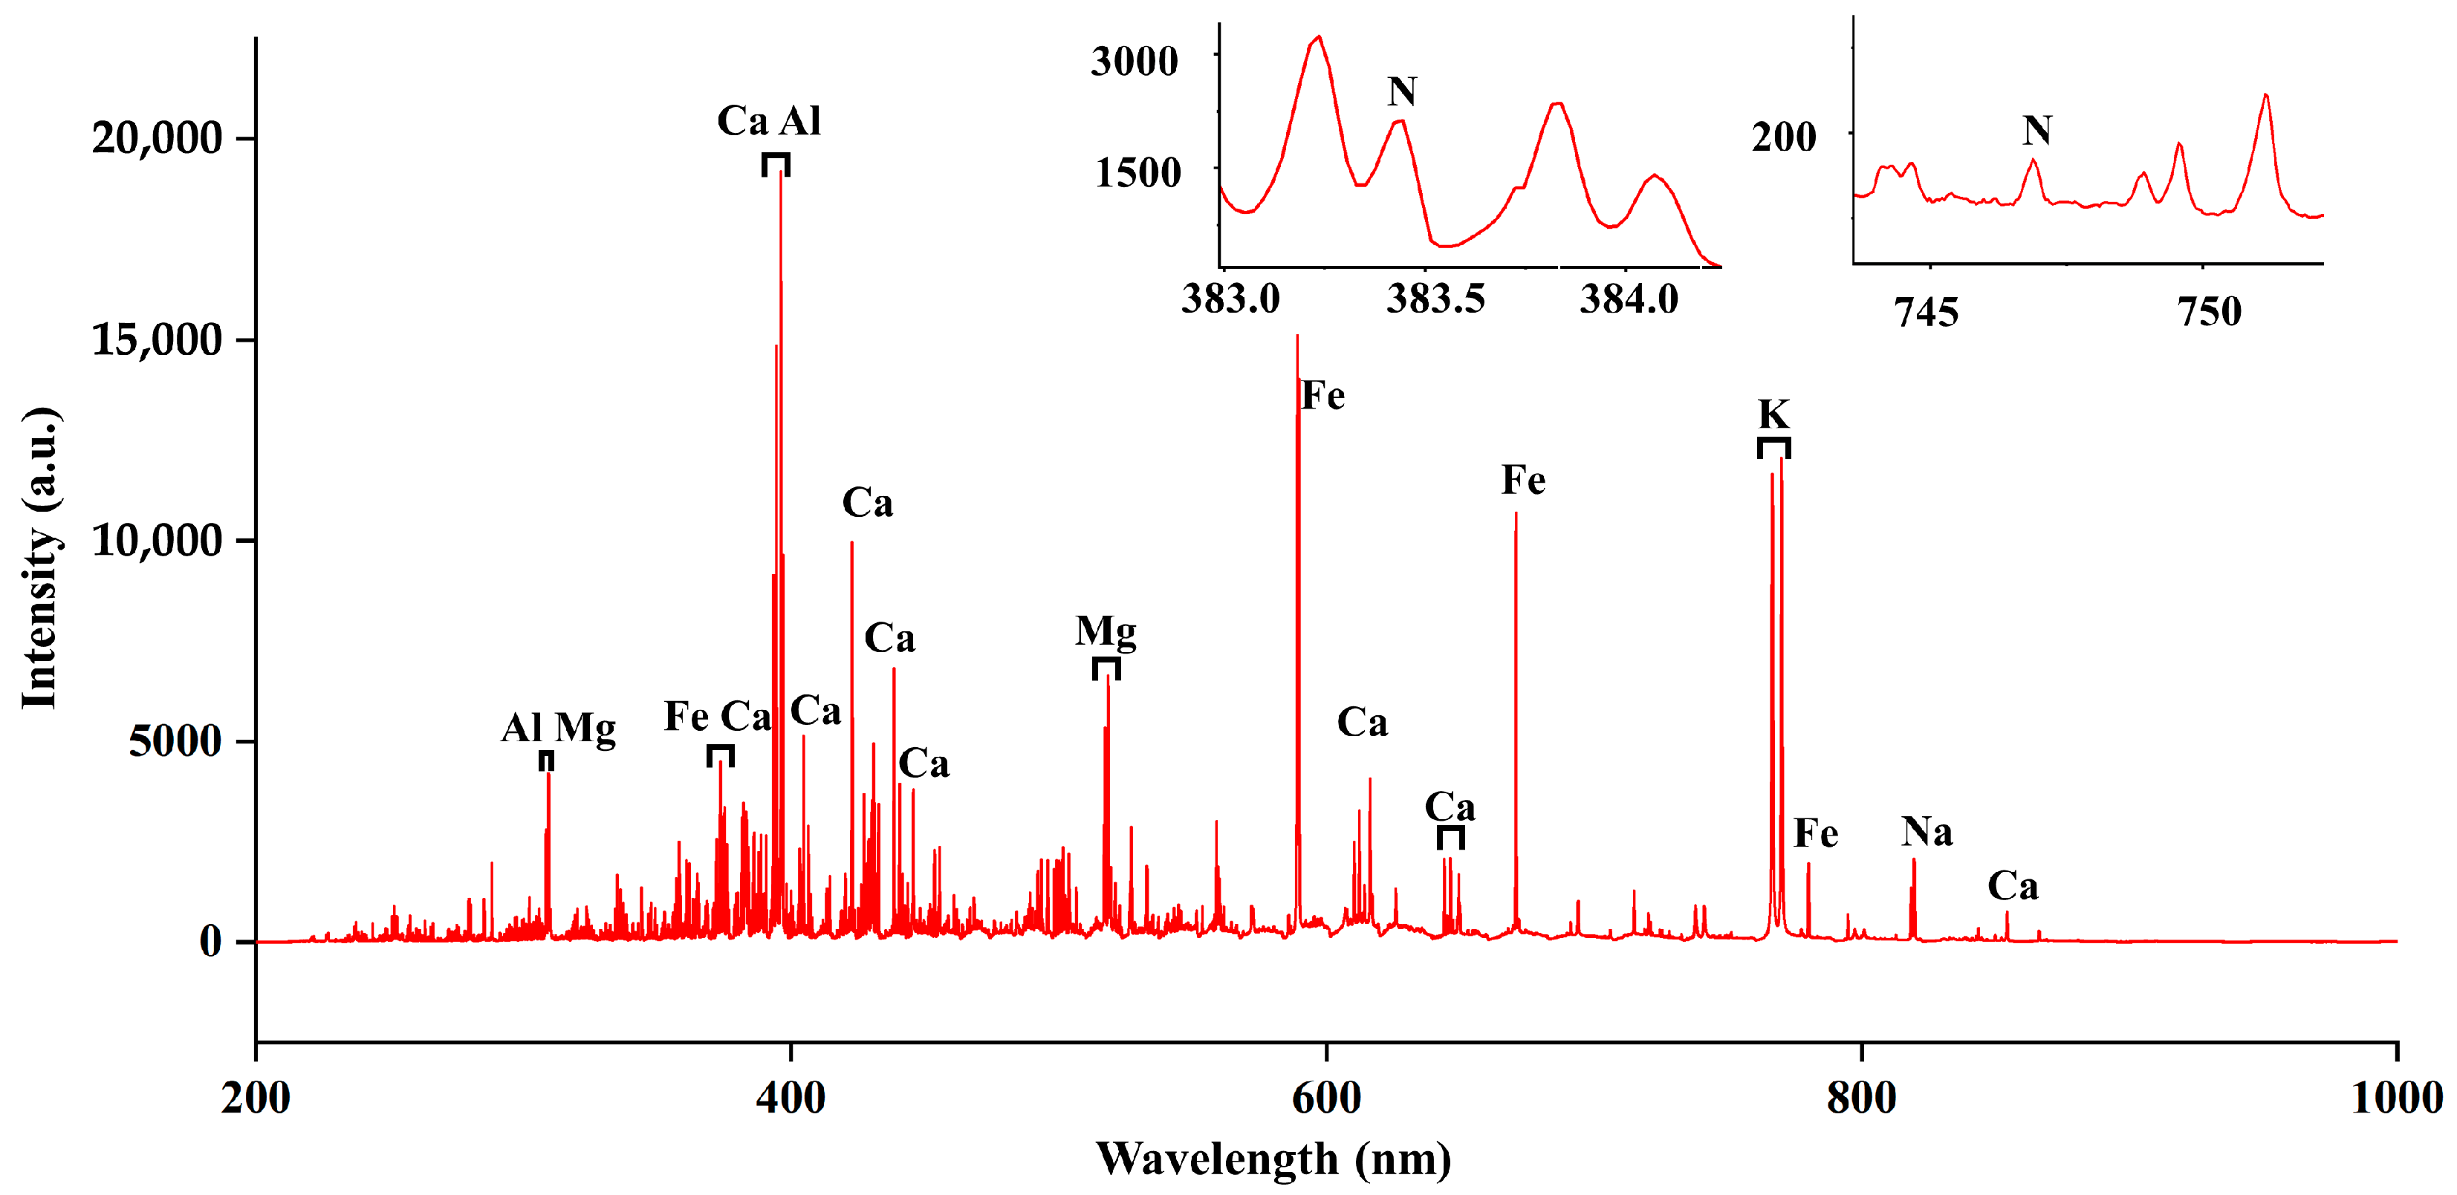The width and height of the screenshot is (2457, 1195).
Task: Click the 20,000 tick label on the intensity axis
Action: point(157,138)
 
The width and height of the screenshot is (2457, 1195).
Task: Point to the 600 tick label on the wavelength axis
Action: point(1325,1098)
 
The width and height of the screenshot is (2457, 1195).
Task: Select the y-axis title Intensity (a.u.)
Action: point(41,558)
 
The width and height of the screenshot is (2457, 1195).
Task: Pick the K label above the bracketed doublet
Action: point(1773,414)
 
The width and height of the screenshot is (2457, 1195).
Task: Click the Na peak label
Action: point(1927,832)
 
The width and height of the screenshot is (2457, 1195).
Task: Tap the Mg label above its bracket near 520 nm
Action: point(1106,631)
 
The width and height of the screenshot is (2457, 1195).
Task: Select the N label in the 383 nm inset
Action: point(1401,93)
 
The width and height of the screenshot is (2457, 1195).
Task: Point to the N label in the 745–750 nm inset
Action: point(2036,130)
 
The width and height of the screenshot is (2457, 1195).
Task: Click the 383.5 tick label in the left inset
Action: point(1435,299)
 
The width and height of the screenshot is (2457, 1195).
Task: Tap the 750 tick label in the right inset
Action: point(2209,312)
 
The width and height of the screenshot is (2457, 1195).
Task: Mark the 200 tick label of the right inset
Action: point(1784,137)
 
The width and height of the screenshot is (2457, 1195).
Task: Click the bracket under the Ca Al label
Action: point(776,163)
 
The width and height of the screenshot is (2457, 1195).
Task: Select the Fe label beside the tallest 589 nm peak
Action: point(1323,396)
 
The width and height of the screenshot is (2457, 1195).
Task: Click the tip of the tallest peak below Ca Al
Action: point(781,172)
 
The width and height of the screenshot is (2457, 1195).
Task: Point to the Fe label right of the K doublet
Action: point(1815,833)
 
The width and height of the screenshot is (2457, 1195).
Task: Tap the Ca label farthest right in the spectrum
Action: point(2013,887)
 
